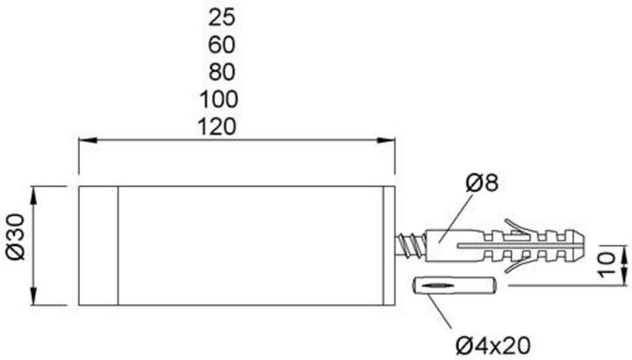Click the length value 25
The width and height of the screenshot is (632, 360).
(x=223, y=16)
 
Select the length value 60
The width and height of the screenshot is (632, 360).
(x=223, y=43)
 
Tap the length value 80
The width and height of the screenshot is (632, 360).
(x=223, y=70)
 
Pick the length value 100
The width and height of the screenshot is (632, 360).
(x=223, y=97)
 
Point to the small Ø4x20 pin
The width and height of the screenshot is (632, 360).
(x=455, y=287)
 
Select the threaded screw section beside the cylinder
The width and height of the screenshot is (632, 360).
(x=409, y=243)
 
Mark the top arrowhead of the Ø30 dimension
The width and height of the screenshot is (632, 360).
(x=34, y=192)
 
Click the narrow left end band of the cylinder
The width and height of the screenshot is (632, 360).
(x=98, y=246)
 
